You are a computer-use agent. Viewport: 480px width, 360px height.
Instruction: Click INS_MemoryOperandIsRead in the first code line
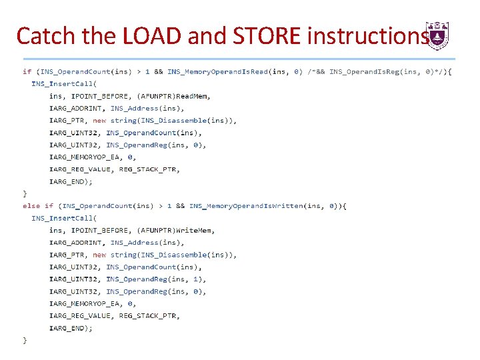[217, 71]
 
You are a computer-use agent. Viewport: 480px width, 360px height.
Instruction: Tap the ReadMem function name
[193, 96]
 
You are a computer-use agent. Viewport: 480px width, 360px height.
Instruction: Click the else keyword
[31, 206]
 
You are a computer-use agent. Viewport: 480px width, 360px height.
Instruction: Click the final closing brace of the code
[25, 340]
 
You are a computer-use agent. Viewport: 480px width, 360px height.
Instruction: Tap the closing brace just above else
[25, 193]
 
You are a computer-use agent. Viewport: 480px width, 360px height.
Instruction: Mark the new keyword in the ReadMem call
[99, 121]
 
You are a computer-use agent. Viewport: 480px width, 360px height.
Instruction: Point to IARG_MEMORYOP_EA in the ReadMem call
[85, 157]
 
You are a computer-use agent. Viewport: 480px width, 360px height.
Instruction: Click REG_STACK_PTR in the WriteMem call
[149, 316]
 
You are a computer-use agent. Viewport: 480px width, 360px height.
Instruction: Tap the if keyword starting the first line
[27, 71]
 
